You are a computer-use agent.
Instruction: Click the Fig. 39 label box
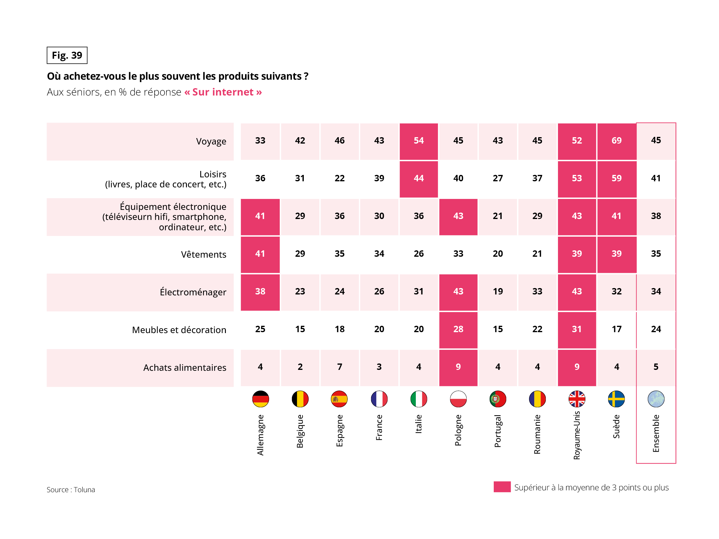point(67,55)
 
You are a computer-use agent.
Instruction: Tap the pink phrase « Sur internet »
point(223,92)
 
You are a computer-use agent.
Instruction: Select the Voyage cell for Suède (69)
point(616,141)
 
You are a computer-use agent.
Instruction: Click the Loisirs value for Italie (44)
point(419,178)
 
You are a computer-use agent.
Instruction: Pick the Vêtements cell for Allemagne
point(260,254)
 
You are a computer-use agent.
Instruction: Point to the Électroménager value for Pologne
point(458,291)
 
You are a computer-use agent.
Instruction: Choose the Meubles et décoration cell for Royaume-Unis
point(577,329)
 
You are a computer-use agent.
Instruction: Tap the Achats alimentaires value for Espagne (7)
point(339,367)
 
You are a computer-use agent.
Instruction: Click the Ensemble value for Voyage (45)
point(656,140)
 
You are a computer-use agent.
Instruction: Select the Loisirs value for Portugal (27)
point(498,178)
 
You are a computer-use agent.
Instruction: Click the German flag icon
point(260,399)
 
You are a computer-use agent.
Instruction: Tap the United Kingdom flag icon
point(577,399)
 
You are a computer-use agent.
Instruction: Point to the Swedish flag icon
point(616,399)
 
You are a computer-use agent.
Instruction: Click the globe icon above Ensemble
point(656,399)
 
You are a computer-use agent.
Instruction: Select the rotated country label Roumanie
point(537,434)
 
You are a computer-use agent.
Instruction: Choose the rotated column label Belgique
point(300,431)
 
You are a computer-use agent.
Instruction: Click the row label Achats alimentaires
point(185,368)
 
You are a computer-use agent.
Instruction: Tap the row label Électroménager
point(193,292)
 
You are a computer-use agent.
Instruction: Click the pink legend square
point(502,487)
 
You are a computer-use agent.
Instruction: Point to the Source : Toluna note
point(71,490)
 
